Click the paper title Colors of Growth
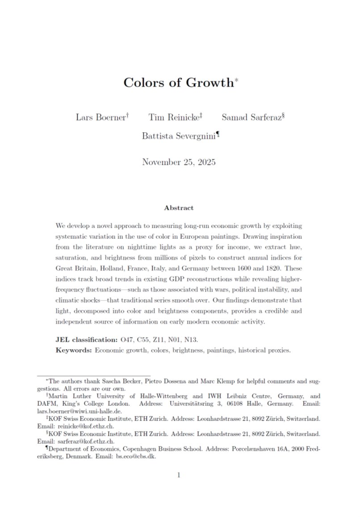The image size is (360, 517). point(179,83)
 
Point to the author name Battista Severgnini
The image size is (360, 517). point(178,136)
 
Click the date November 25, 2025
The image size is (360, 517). point(179,162)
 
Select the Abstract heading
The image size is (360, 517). point(179,208)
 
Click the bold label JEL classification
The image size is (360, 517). point(88,340)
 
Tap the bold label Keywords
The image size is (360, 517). point(74,350)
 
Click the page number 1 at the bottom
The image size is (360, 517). point(179,475)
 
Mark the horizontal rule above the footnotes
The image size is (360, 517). point(93,375)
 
